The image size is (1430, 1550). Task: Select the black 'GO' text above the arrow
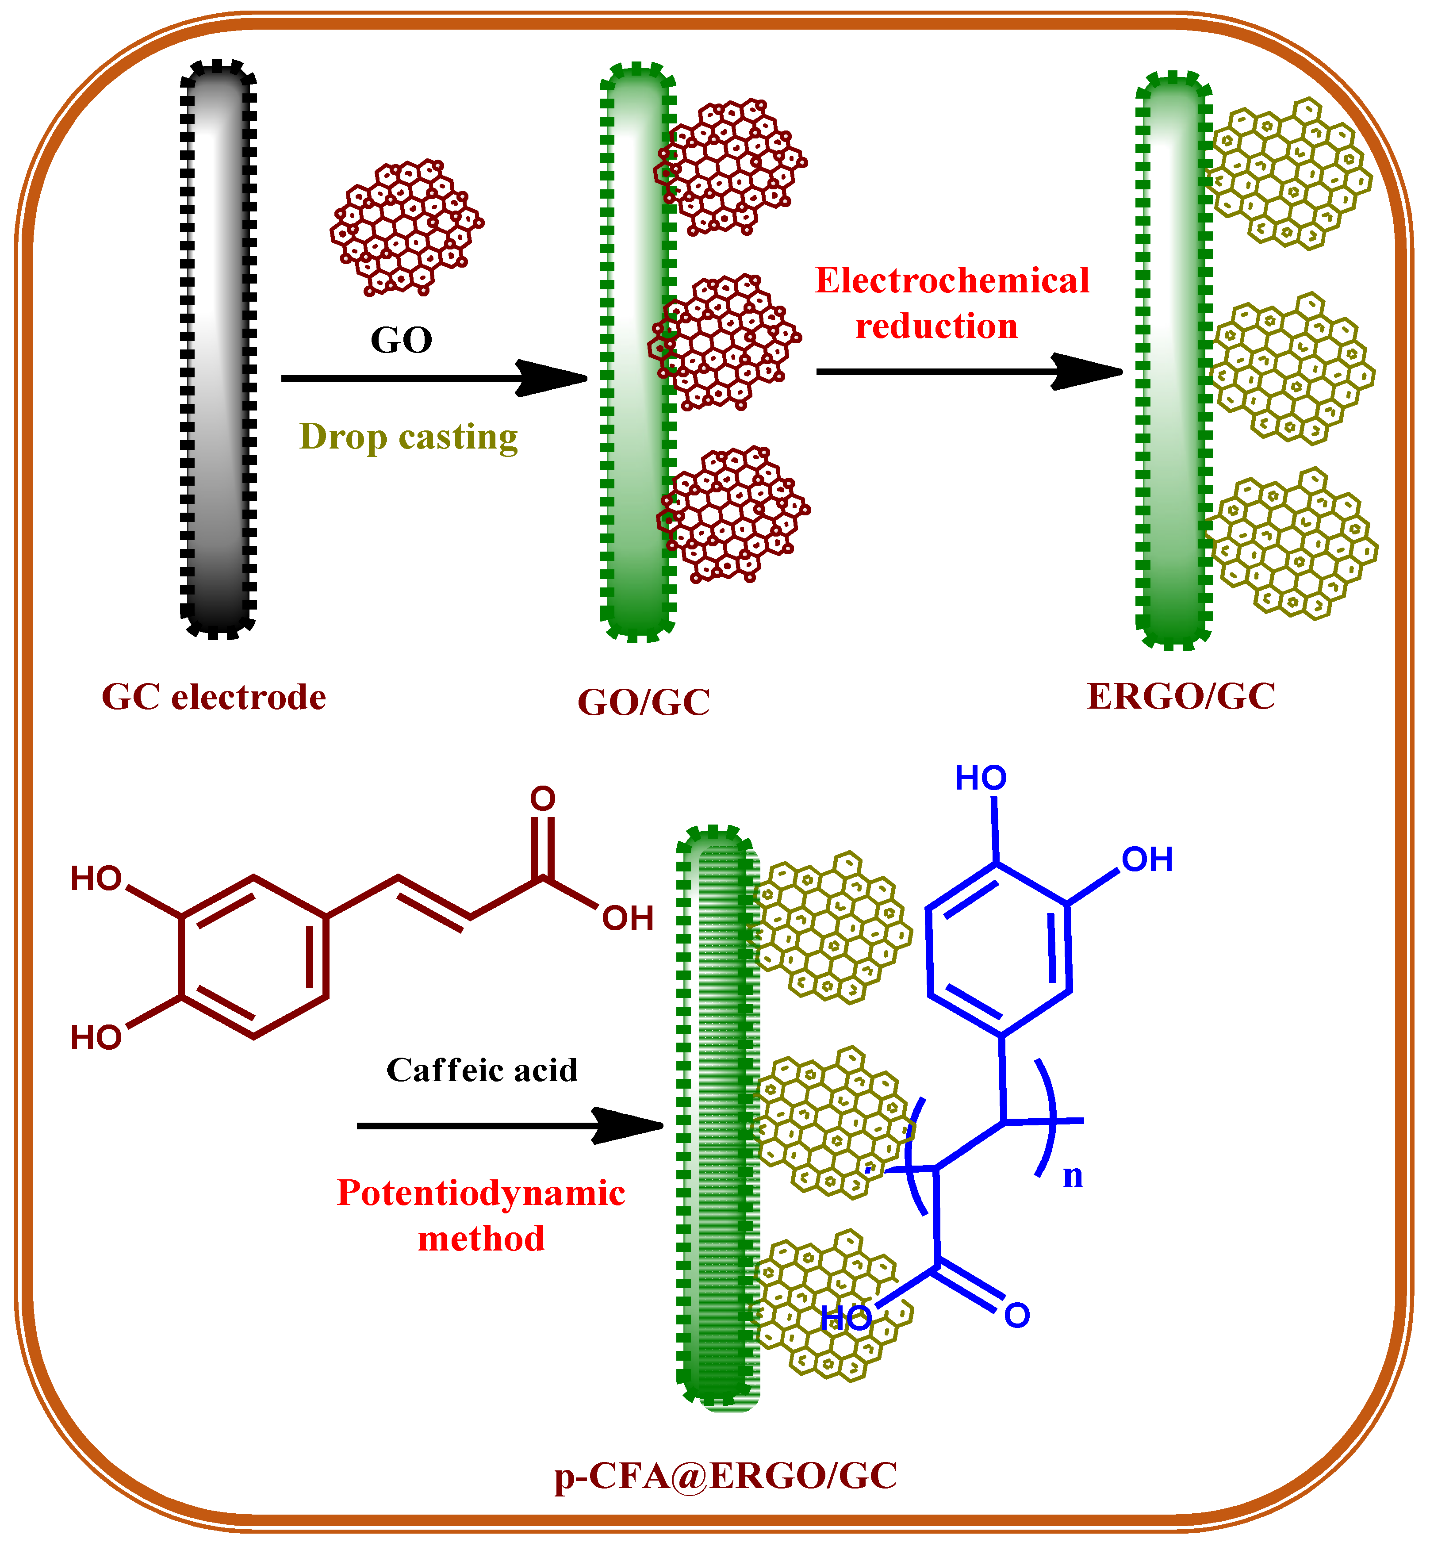click(x=401, y=340)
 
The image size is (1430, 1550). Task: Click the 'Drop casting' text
click(x=409, y=437)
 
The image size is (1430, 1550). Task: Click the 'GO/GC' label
click(x=644, y=702)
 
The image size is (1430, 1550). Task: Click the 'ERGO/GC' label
click(x=1181, y=696)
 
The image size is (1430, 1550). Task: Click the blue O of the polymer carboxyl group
click(x=1017, y=1316)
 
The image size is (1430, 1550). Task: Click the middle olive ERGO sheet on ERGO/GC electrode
click(x=1291, y=368)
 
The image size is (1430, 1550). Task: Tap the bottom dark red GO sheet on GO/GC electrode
click(x=731, y=514)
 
